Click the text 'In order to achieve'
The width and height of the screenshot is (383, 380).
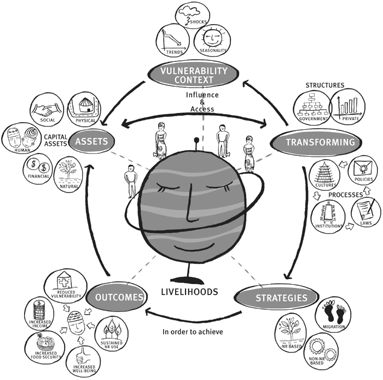[193, 332]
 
